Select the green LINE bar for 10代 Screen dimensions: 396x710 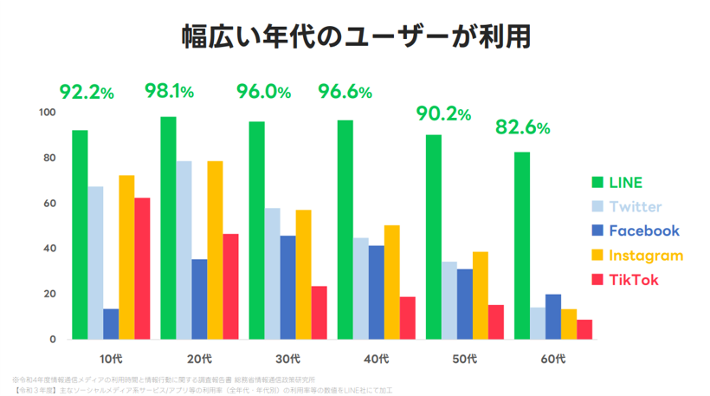coord(80,234)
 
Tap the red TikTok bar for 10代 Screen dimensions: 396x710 coord(142,268)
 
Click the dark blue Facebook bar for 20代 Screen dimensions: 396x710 coord(199,299)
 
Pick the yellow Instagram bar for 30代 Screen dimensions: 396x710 coord(303,274)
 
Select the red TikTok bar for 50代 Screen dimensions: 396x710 coord(495,321)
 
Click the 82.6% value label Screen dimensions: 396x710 coord(522,127)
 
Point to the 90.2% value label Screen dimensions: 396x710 coord(442,114)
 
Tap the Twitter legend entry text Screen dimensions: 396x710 coord(636,206)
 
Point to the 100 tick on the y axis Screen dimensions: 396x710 coord(48,113)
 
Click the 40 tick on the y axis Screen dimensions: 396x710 coord(50,249)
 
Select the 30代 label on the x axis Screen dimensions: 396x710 coord(287,358)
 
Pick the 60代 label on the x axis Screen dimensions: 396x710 coord(552,358)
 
